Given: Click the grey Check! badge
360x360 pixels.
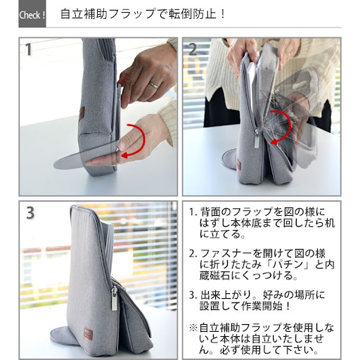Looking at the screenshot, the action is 32,13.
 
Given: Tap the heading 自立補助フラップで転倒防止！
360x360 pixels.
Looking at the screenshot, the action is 143,14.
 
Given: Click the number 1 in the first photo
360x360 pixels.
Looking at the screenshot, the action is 28,49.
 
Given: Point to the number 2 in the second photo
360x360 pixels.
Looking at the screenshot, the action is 193,49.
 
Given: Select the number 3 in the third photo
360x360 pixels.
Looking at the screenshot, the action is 30,213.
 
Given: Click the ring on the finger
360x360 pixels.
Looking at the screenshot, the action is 154,85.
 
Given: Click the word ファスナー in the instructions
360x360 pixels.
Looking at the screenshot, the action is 226,254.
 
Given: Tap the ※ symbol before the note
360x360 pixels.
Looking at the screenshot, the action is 193,328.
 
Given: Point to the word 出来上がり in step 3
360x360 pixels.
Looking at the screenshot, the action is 226,295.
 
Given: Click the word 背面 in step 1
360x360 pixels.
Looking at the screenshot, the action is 210,212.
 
